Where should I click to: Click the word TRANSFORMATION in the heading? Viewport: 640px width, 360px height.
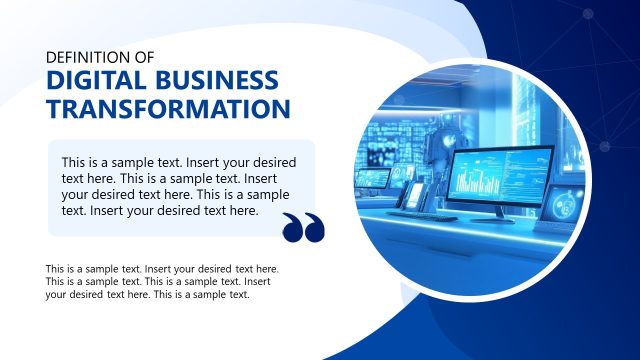point(169,109)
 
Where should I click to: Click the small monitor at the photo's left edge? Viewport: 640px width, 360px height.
point(373,180)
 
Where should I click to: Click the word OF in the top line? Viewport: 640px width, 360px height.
point(143,58)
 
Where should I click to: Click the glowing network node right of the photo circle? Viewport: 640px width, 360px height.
point(603,147)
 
